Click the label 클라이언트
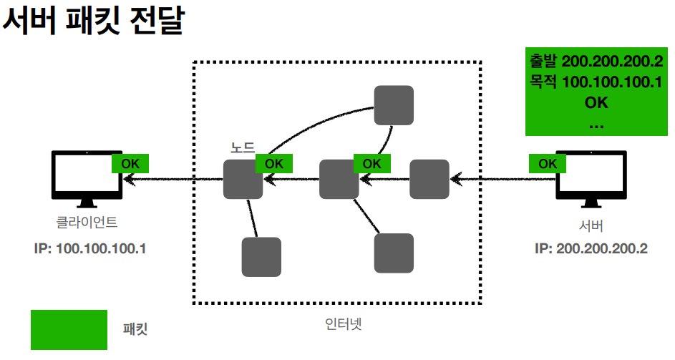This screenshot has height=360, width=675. pyautogui.click(x=87, y=223)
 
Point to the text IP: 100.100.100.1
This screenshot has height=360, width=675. pyautogui.click(x=89, y=249)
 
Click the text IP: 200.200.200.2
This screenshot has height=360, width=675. pyautogui.click(x=591, y=249)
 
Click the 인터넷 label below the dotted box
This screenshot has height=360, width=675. pyautogui.click(x=339, y=322)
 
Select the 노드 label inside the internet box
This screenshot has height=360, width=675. pyautogui.click(x=242, y=148)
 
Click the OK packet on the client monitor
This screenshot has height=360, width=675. pyautogui.click(x=130, y=163)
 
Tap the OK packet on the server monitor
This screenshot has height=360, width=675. pyautogui.click(x=548, y=163)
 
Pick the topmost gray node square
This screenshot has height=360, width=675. pyautogui.click(x=394, y=105)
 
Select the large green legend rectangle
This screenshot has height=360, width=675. pyautogui.click(x=69, y=330)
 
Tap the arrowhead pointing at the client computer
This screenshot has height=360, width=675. pyautogui.click(x=128, y=178)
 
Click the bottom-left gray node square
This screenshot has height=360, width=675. pyautogui.click(x=261, y=257)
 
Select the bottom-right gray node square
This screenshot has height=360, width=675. pyautogui.click(x=394, y=253)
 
